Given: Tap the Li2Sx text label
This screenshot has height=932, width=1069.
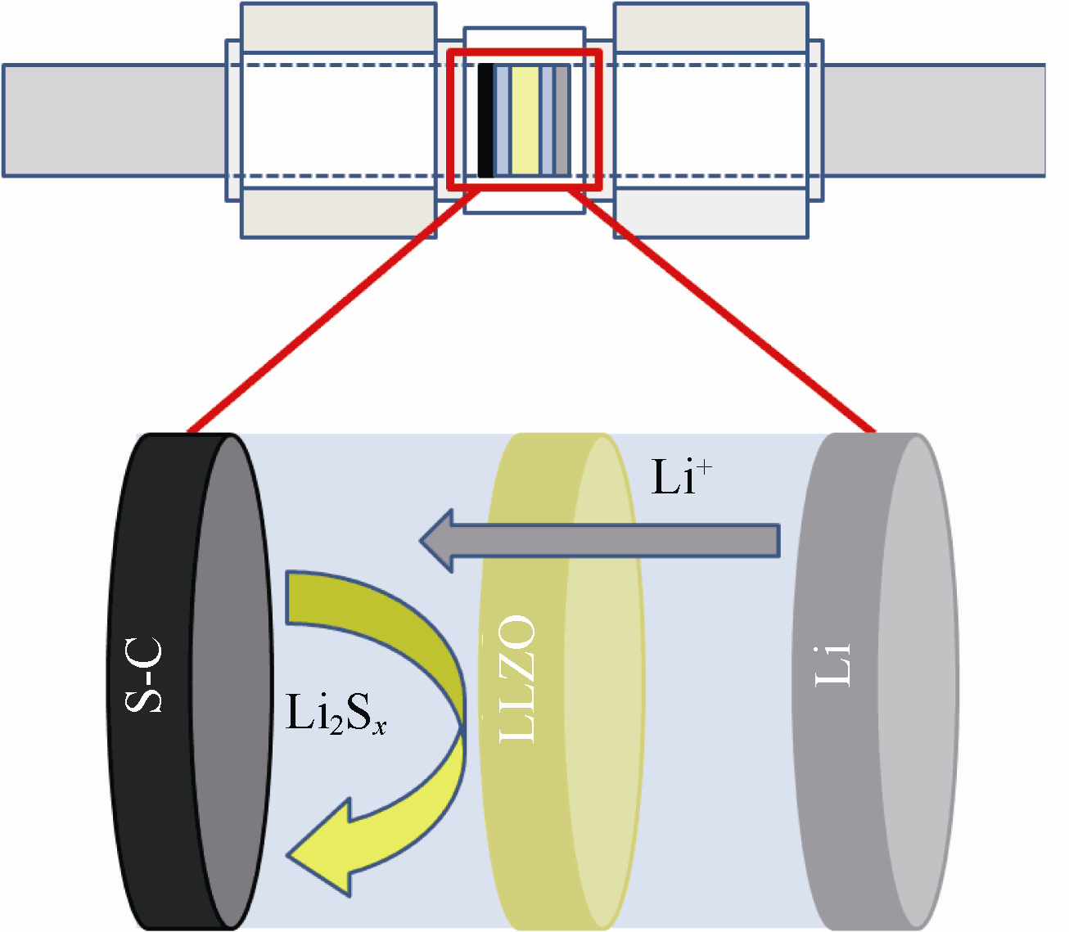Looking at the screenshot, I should pyautogui.click(x=335, y=714).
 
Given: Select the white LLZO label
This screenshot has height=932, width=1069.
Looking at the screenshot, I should pyautogui.click(x=517, y=679).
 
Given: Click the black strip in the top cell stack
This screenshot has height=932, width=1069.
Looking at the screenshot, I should pyautogui.click(x=485, y=121).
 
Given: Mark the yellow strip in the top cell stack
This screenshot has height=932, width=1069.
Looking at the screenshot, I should pyautogui.click(x=525, y=121).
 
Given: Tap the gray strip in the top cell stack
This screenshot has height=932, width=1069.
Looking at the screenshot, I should pyautogui.click(x=562, y=121).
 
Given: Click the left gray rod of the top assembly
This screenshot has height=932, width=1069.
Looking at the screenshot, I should pyautogui.click(x=115, y=120).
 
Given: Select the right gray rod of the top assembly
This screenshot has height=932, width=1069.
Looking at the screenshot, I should pyautogui.click(x=933, y=120).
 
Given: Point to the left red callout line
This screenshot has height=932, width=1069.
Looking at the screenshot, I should pyautogui.click(x=327, y=311).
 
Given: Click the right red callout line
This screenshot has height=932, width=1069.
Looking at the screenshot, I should pyautogui.click(x=728, y=311).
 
